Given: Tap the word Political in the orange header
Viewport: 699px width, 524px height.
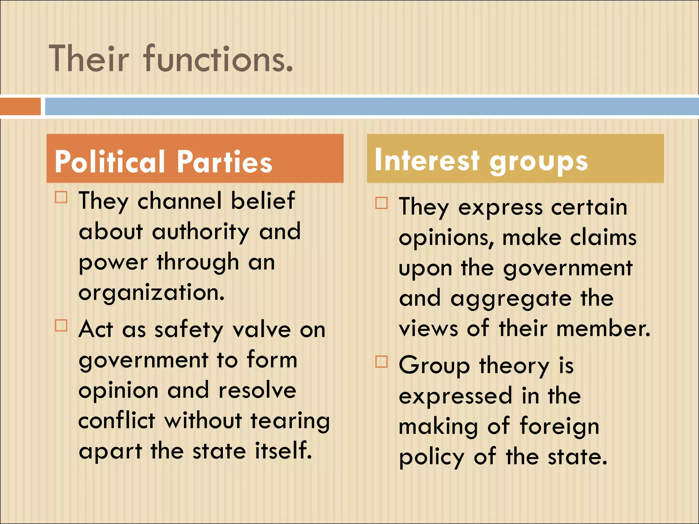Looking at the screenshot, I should point(110,162).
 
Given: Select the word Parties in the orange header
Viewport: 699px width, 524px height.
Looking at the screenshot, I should point(225,162).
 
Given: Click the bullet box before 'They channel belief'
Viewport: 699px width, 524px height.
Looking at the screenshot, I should point(61,197).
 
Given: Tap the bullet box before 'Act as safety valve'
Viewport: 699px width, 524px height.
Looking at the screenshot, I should point(61,325).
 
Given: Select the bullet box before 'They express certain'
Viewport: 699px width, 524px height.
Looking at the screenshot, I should point(382,203).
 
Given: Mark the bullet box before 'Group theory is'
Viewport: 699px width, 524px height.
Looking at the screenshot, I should point(382,362).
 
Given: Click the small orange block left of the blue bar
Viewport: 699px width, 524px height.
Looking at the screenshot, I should point(20,106).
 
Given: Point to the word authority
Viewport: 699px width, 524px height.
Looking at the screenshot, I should point(201,232).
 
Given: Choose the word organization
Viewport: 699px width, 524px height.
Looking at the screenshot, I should point(152,293).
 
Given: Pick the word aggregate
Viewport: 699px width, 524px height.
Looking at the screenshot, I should point(511,299).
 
